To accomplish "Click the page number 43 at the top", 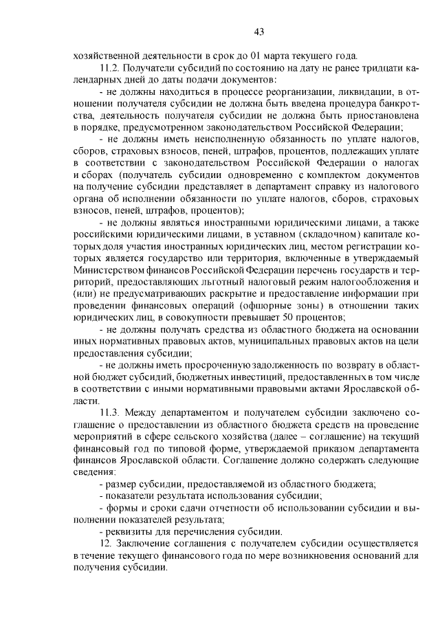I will pyautogui.click(x=258, y=31).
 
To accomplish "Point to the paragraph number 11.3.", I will pyautogui.click(x=111, y=412).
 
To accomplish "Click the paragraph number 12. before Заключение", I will pyautogui.click(x=106, y=544).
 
